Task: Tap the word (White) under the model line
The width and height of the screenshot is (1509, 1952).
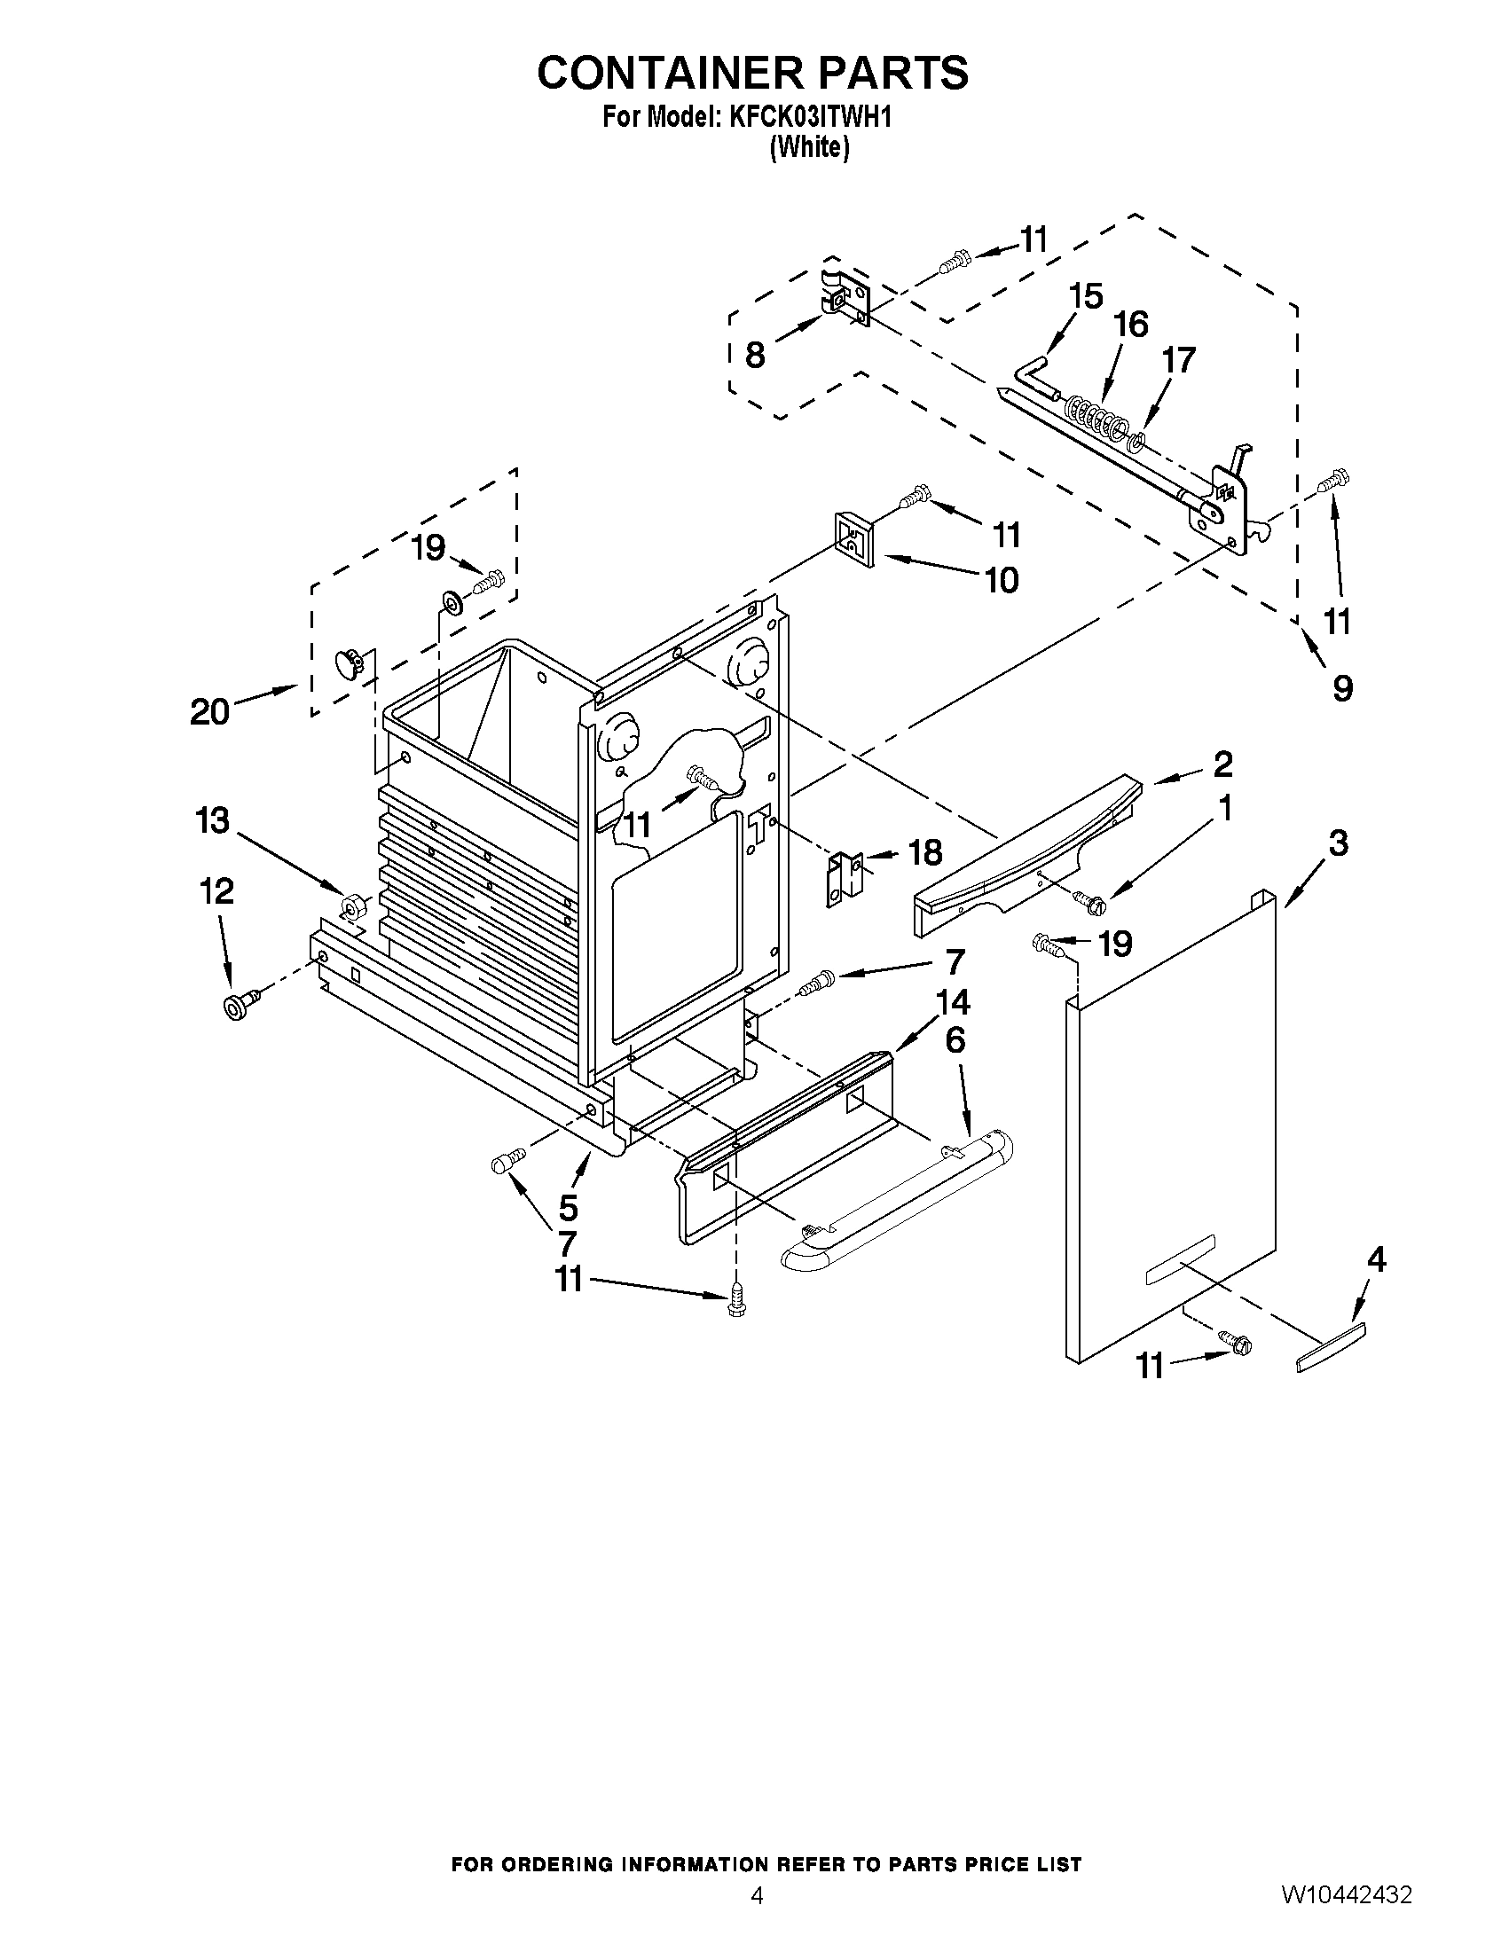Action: (809, 147)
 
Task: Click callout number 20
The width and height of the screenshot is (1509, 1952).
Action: (209, 711)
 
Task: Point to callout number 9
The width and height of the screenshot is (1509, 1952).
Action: (1342, 687)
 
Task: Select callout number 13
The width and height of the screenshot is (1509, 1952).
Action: (213, 820)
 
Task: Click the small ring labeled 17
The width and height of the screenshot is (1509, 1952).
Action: (1137, 441)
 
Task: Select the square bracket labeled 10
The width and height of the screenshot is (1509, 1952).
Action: (854, 539)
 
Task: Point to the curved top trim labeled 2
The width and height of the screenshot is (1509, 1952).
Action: (1028, 849)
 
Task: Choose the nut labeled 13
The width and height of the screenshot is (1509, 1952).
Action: (352, 908)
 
